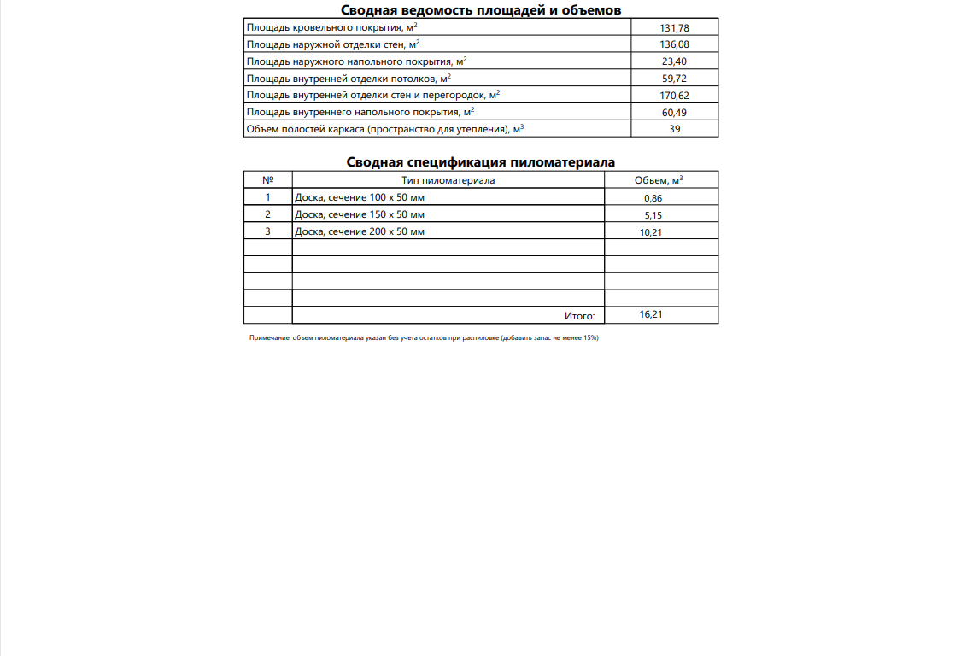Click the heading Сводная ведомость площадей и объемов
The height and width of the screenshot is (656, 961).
pyautogui.click(x=481, y=10)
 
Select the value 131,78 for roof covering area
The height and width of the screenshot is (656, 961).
pyautogui.click(x=674, y=28)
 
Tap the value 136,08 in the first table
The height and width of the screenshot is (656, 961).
pyautogui.click(x=674, y=44)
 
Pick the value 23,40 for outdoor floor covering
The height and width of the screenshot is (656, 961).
pyautogui.click(x=674, y=61)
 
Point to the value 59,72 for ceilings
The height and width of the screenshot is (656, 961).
pyautogui.click(x=674, y=79)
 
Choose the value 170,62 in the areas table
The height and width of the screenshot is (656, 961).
pyautogui.click(x=674, y=96)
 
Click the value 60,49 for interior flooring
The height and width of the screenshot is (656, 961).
pyautogui.click(x=674, y=113)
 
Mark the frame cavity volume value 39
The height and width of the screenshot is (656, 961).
pyautogui.click(x=675, y=130)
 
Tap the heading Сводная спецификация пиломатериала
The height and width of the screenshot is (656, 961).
pyautogui.click(x=481, y=162)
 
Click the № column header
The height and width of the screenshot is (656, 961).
pyautogui.click(x=268, y=180)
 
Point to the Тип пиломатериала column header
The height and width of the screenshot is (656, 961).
pyautogui.click(x=448, y=180)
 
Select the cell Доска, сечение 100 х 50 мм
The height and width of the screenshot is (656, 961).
pyautogui.click(x=360, y=197)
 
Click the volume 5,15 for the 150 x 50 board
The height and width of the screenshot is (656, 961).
pyautogui.click(x=653, y=215)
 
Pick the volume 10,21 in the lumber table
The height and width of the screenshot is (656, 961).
pyautogui.click(x=651, y=231)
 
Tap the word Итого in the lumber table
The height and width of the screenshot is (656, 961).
pyautogui.click(x=579, y=316)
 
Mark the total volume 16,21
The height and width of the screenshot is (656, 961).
pyautogui.click(x=651, y=314)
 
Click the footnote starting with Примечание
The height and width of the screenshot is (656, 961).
pyautogui.click(x=424, y=338)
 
